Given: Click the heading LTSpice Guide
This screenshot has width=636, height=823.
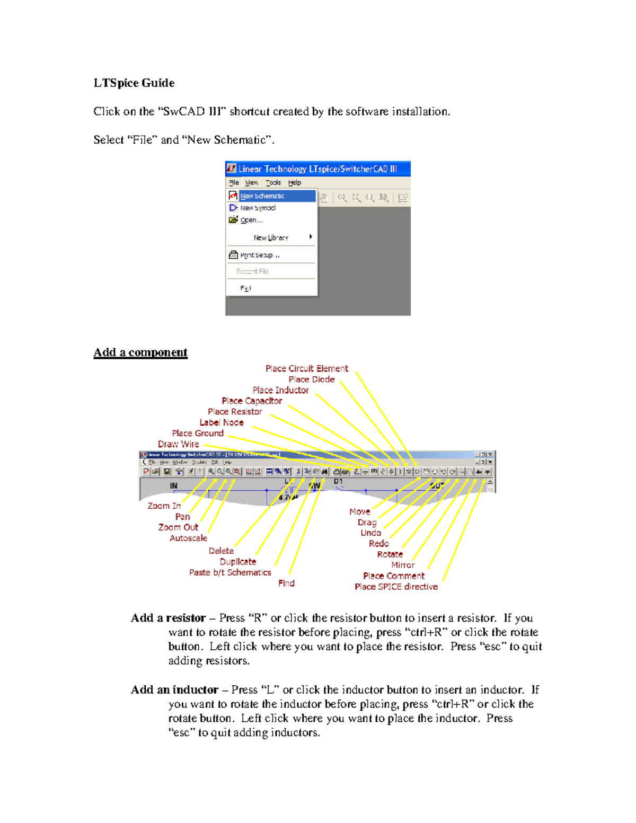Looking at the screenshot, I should pos(134,83).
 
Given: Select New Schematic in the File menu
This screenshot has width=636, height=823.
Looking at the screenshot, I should pos(262,196).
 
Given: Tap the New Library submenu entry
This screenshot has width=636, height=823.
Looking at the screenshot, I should pos(271,237).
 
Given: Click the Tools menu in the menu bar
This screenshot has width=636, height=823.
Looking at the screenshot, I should pos(273,183).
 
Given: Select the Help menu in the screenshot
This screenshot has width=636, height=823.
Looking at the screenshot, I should pos(295,183).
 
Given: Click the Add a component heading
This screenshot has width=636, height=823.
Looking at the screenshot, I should pos(140,352).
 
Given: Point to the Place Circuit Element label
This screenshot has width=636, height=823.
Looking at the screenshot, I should pos(307,368).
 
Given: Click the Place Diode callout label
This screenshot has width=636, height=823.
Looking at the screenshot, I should pos(312,379).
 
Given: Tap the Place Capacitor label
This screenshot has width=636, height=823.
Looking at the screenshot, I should pos(252,401).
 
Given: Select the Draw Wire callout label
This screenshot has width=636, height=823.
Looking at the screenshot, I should pos(179,444).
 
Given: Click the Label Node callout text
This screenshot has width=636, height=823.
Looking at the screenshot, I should pos(222,422).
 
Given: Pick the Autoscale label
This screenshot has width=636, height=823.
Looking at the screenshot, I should pos(188,538).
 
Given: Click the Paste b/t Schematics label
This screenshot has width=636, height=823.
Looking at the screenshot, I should pos(230,572).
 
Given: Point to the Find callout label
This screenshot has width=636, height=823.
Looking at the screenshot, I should pos(286,583).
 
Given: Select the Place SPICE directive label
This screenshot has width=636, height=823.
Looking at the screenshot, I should pos(396,587).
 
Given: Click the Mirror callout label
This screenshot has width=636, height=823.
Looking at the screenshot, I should pos(403,565).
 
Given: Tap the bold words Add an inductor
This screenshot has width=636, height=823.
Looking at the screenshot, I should pos(174,690).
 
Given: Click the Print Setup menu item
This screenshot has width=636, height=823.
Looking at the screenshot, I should pos(260,255).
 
